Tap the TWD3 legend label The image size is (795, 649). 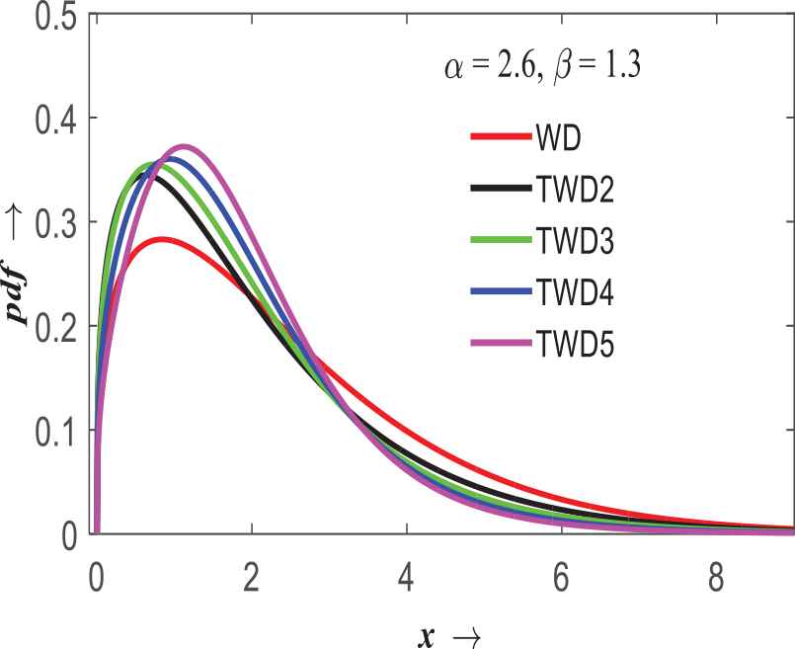(x=574, y=240)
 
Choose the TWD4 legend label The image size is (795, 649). (x=574, y=293)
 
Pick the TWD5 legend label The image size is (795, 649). (x=574, y=346)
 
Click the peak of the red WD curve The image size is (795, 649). (x=161, y=239)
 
